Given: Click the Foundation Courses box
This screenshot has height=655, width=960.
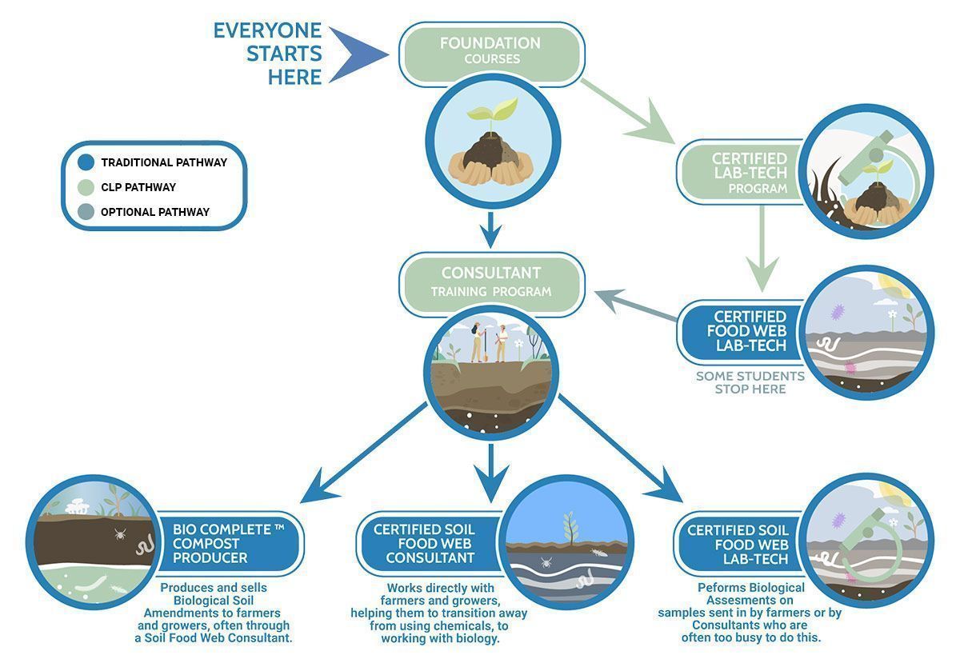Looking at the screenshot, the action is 491,54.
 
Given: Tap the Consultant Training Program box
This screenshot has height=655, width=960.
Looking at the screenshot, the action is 491,284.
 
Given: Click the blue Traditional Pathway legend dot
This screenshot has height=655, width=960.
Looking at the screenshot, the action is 86,162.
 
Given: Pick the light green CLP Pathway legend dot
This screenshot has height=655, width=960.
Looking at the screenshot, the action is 86,187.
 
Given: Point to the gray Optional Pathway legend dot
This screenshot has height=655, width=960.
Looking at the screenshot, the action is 86,212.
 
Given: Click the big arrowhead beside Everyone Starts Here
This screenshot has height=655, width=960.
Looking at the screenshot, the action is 358,54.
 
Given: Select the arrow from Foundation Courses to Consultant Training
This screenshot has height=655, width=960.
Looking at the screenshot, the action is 491,230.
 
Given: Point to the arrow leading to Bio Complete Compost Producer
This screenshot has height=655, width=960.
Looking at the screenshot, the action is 363,453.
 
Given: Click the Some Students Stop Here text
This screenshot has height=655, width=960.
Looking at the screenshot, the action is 750,382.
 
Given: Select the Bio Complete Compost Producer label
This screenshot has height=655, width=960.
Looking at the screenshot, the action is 229,543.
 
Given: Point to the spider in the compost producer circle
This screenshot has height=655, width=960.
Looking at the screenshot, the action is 120,533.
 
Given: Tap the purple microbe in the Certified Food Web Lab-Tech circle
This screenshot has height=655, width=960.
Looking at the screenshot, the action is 838,312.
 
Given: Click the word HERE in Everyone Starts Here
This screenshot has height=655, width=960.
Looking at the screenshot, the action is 295,77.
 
